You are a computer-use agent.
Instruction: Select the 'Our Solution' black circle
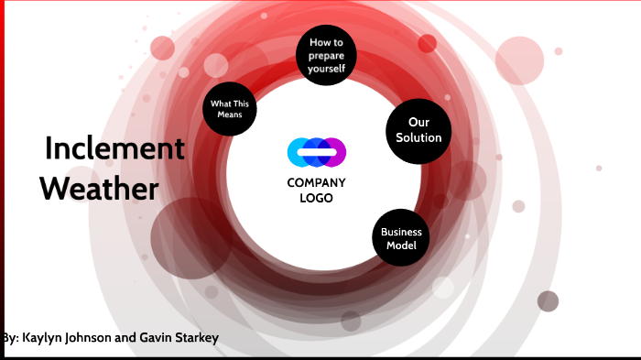point(418,131)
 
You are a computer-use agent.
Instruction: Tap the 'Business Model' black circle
point(400,238)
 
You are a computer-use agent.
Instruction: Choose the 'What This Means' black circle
point(230,110)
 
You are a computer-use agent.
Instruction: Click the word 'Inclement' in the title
point(114,148)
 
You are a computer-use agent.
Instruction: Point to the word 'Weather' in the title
point(99,190)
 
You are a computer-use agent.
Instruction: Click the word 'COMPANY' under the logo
point(316,182)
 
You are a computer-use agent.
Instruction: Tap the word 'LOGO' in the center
point(316,198)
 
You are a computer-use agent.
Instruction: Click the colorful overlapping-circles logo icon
point(316,152)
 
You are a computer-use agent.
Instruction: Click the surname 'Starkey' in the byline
point(193,338)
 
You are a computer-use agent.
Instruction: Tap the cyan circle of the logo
point(299,152)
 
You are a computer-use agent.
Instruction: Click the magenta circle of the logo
point(333,152)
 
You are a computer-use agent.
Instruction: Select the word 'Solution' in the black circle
point(418,138)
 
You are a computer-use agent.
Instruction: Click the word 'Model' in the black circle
point(400,245)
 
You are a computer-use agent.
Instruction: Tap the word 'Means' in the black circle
point(230,116)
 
